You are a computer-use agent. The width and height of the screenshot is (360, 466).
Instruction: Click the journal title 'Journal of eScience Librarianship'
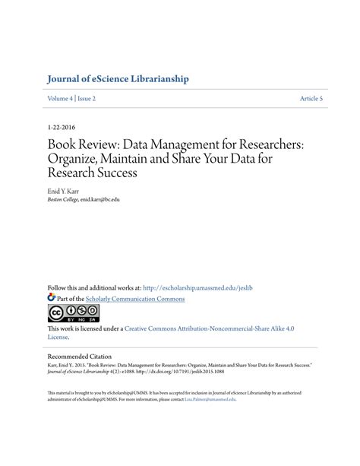117,79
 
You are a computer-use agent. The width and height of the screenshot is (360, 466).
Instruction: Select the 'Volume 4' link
61,99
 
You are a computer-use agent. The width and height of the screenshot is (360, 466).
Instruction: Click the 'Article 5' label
311,99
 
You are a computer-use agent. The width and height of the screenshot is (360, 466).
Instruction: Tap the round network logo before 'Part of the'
52,299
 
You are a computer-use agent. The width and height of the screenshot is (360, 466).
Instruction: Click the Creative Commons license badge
74,313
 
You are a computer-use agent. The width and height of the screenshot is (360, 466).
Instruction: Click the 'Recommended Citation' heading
80,356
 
